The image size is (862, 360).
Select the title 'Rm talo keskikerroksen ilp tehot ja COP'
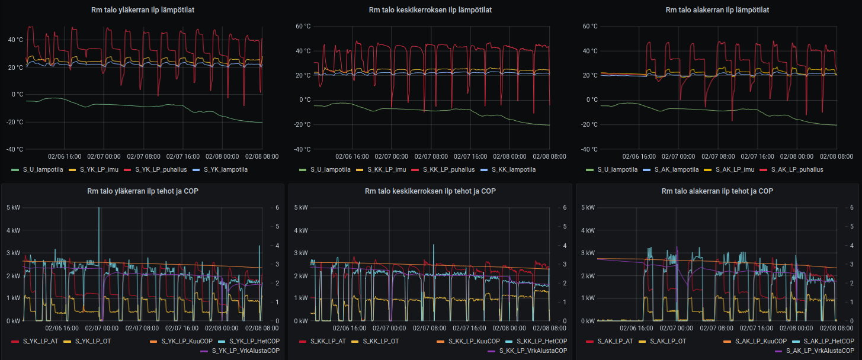(x=430, y=191)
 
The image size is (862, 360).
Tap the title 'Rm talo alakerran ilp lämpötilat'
(x=717, y=9)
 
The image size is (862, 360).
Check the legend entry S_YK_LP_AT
(x=40, y=341)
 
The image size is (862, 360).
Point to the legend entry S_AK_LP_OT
(x=671, y=341)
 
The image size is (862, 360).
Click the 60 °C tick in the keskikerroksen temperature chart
(x=303, y=27)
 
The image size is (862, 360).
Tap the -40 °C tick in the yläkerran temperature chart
(x=15, y=150)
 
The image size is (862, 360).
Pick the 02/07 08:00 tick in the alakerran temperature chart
(x=717, y=156)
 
